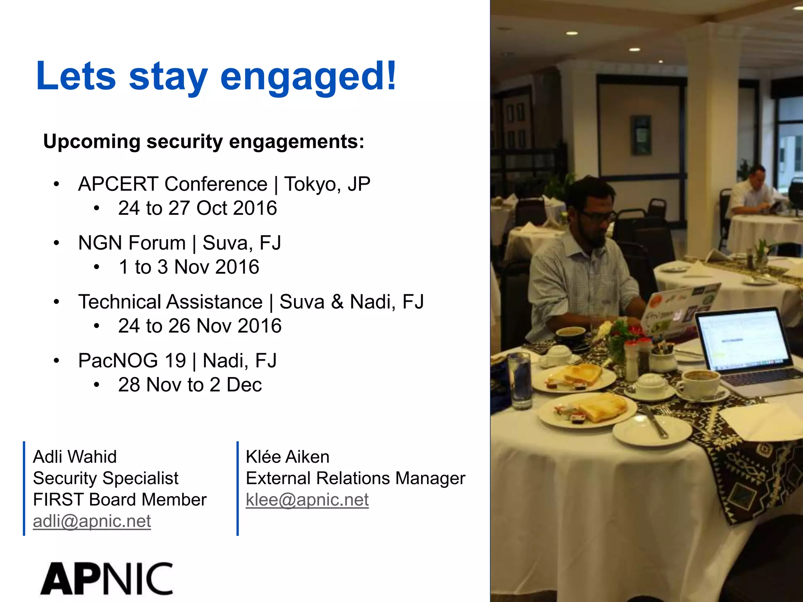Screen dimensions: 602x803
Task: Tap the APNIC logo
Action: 107,579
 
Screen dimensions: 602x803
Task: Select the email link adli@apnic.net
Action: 92,521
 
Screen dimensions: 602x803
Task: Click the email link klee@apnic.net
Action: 307,500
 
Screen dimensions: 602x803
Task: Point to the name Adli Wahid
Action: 74,457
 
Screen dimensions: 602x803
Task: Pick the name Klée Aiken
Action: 287,457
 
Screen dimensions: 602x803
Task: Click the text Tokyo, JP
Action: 327,184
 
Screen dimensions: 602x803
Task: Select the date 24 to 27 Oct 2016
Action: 197,208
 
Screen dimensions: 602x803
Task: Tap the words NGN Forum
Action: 132,243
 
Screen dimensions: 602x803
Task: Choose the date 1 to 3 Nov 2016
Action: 189,267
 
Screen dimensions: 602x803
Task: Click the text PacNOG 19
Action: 132,361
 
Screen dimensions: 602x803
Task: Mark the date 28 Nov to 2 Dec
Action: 190,385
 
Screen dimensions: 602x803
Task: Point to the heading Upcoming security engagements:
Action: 203,141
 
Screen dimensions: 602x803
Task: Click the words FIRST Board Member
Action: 120,500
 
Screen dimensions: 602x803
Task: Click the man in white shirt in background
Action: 751,192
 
